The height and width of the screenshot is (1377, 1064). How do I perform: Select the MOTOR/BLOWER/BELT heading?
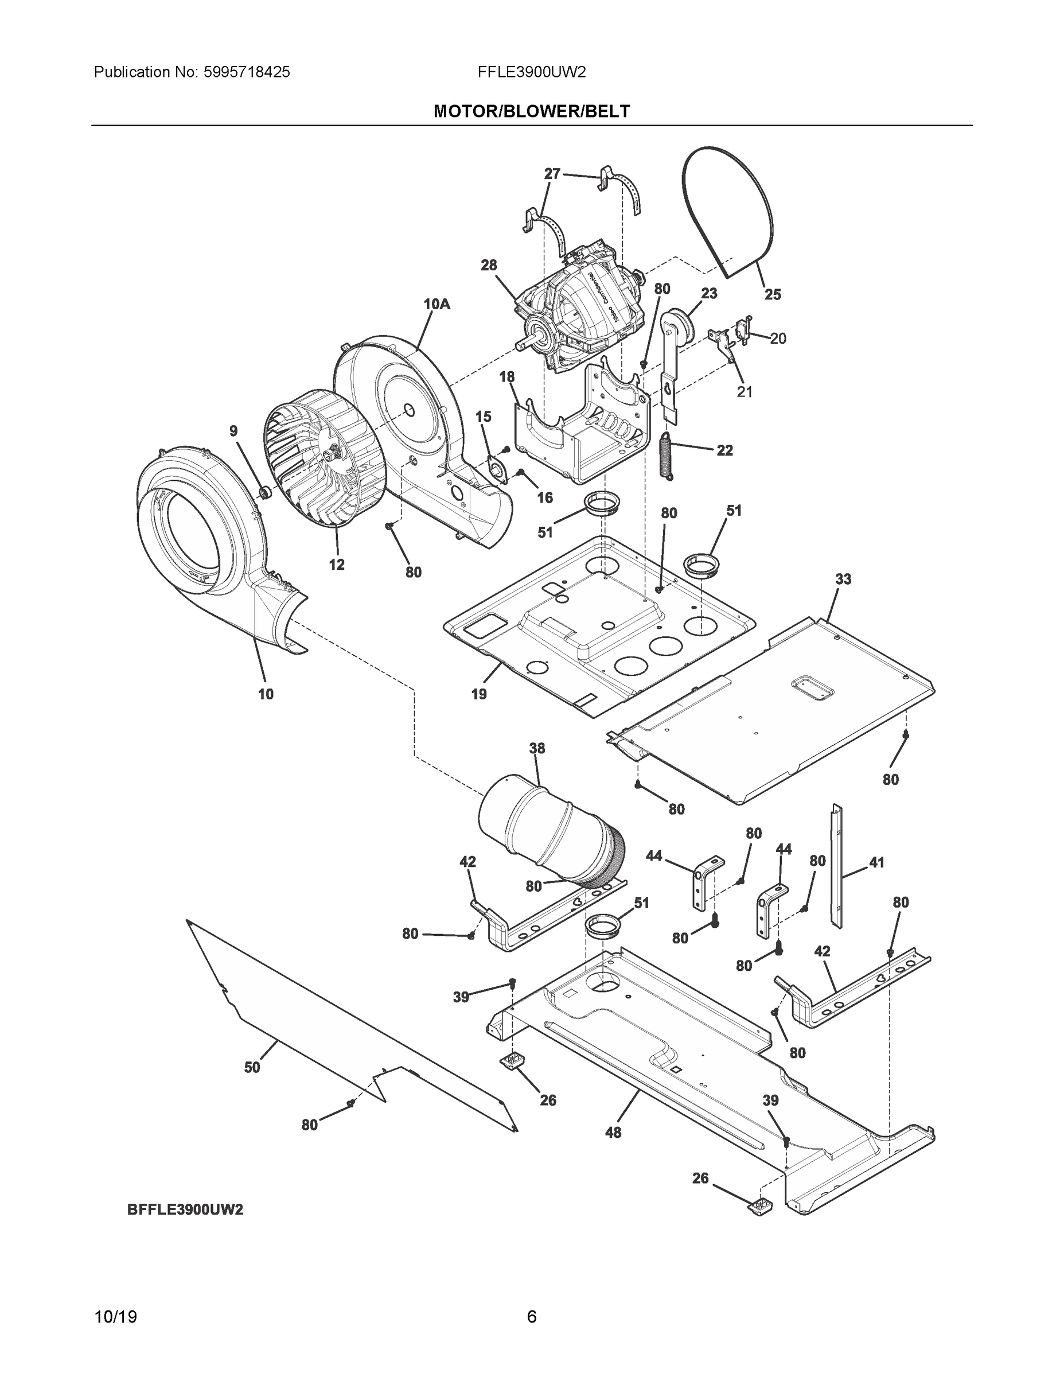pos(531,112)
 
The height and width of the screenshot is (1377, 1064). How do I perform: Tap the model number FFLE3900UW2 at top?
pos(531,72)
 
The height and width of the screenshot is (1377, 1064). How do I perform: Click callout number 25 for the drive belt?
pos(772,294)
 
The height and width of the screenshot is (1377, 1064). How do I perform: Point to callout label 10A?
pos(437,305)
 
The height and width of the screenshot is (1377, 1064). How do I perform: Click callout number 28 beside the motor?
pos(489,266)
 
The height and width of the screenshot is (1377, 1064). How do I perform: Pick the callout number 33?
pos(843,579)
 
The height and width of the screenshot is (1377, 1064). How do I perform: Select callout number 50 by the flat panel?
pos(252,1067)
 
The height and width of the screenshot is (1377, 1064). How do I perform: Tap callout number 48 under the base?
pos(613,1133)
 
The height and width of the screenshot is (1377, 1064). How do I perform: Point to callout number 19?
pos(478,694)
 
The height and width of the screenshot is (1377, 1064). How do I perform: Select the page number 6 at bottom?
pos(531,1317)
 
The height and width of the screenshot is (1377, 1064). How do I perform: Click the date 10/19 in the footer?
pos(115,1317)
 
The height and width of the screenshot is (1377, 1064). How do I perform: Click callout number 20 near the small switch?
pos(778,339)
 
